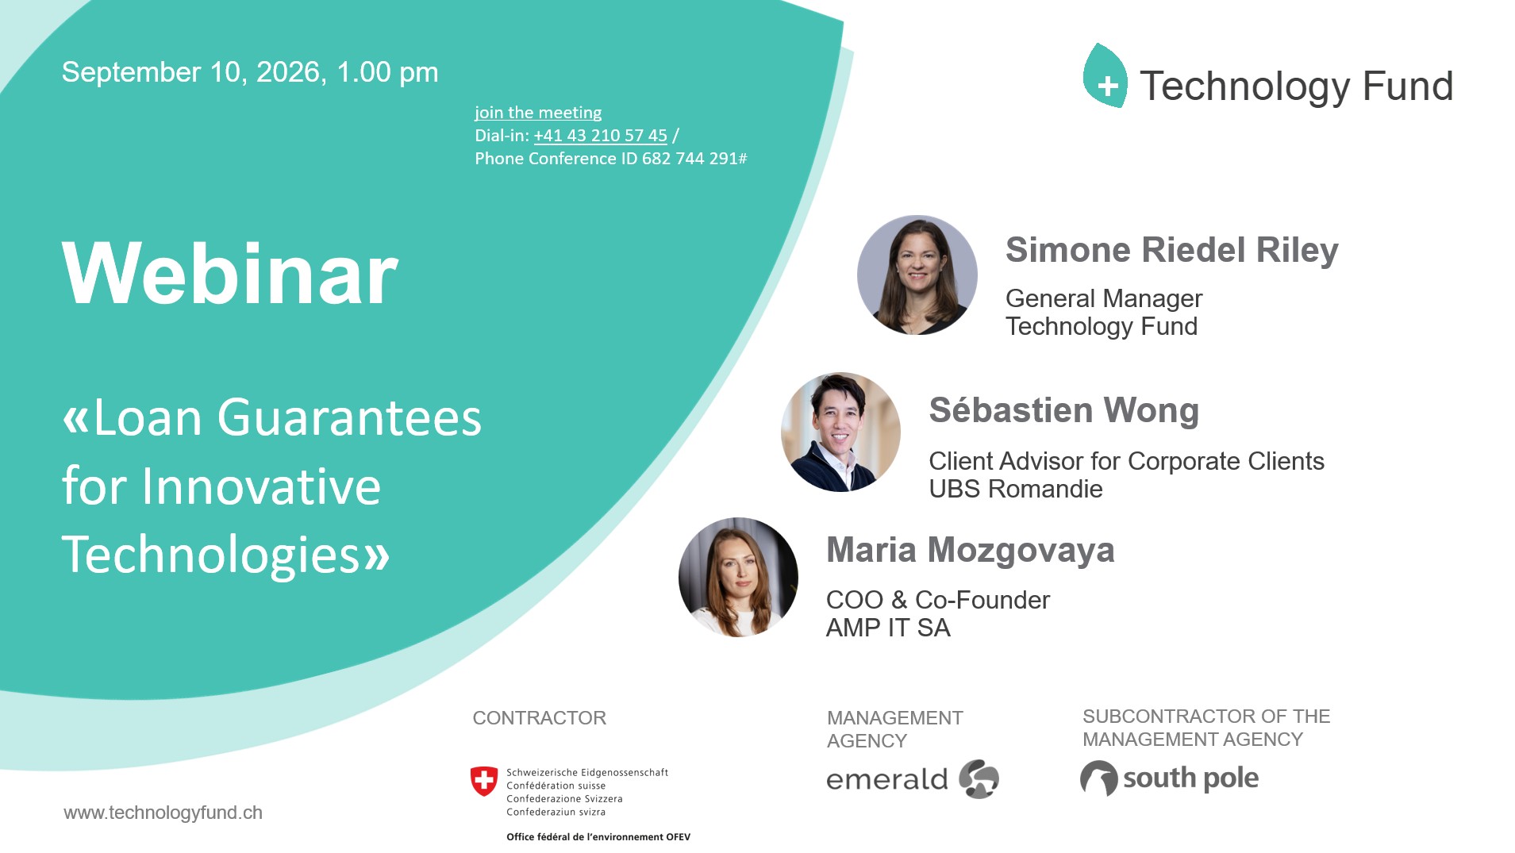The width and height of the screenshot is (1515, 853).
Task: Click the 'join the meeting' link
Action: (x=538, y=113)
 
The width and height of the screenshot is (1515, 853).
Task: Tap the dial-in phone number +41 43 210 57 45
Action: (x=601, y=136)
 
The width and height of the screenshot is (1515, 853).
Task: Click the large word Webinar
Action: (x=230, y=273)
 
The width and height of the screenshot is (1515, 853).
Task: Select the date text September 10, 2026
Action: (x=191, y=72)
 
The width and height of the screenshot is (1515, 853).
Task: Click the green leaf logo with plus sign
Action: (x=1105, y=76)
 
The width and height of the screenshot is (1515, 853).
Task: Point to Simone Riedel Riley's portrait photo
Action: (x=917, y=275)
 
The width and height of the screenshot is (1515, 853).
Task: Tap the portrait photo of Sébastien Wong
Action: (x=840, y=432)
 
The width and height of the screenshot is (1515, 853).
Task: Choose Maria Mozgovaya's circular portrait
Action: (x=738, y=577)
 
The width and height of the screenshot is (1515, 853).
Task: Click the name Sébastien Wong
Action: (x=1063, y=410)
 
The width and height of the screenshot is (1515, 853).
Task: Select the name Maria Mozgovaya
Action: (x=970, y=550)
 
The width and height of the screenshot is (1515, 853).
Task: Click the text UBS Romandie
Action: (x=1016, y=489)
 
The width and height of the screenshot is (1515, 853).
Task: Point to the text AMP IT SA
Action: (x=888, y=628)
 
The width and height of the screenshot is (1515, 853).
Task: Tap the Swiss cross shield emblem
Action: (x=484, y=782)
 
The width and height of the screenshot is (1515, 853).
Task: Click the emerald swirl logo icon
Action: (x=979, y=778)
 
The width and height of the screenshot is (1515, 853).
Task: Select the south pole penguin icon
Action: (x=1099, y=778)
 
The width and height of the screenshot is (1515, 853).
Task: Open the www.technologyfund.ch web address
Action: (x=163, y=813)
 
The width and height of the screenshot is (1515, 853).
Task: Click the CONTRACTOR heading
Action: (x=540, y=718)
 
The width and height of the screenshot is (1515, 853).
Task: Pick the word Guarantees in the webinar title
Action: (x=349, y=417)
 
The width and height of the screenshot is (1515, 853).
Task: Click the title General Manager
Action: (x=1104, y=298)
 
